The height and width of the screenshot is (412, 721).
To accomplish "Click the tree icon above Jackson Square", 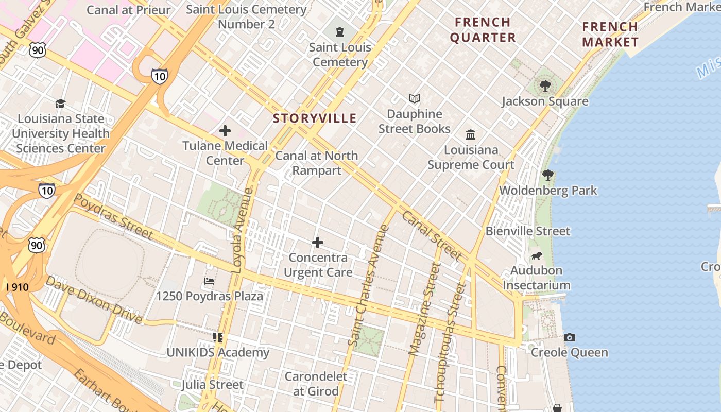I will pos(545,85).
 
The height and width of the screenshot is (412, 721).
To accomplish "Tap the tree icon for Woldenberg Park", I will pos(548,175).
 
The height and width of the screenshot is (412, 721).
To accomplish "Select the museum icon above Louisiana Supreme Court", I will pos(471,135).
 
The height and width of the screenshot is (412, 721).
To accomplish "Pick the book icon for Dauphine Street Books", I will pos(414,98).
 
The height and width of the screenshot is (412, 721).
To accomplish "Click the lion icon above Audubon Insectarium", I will pos(536,255).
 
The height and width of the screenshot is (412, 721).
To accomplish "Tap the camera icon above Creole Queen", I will pos(569,338).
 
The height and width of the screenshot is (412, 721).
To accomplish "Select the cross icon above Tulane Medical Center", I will pos(225,131).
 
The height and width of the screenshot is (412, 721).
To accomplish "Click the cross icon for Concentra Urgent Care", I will pos(318,243).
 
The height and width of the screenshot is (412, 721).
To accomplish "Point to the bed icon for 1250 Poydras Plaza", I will pos(209,281).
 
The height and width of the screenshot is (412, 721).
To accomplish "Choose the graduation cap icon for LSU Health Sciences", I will pos(61,104).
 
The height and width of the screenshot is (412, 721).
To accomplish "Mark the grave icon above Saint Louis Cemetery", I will pos(339,32).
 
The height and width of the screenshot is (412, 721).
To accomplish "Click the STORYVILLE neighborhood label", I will pos(315,118).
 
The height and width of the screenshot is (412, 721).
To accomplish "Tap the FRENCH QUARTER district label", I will pos(483,30).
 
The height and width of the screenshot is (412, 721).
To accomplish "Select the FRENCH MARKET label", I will pos(610,35).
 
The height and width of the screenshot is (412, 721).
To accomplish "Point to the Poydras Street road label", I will pos(113,217).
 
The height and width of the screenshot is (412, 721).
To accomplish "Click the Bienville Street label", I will pos(528,231).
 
